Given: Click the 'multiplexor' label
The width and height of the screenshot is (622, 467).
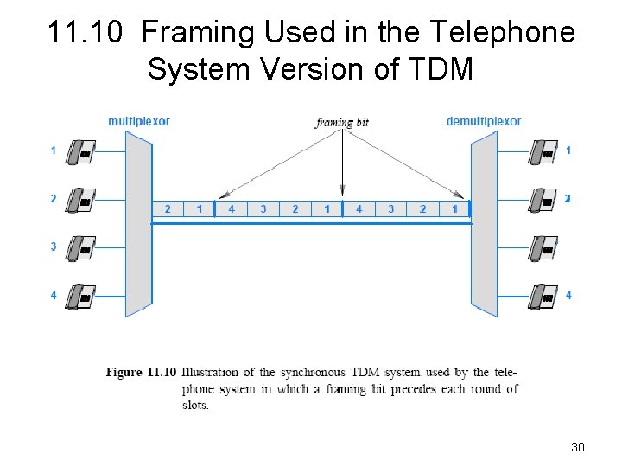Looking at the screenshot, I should tap(138, 121).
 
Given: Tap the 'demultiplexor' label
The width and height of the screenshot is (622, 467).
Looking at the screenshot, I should tap(483, 121).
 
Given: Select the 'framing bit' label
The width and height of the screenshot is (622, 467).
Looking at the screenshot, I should tap(342, 122).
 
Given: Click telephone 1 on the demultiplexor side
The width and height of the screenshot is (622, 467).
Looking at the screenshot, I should tap(543, 152).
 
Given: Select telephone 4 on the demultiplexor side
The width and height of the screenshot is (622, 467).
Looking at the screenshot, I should tap(543, 297).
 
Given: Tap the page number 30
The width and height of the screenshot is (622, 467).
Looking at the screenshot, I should tap(578, 447).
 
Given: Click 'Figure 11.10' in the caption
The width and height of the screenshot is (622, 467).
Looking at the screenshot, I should tap(141, 373).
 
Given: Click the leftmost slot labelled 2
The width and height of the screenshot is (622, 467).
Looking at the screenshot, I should tap(168, 208).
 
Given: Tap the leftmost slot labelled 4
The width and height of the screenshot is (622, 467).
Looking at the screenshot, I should tap(232, 208).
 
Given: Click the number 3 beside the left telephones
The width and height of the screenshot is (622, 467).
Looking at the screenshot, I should tap(54, 247).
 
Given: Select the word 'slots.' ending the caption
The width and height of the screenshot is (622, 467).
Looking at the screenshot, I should tap(195, 405).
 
